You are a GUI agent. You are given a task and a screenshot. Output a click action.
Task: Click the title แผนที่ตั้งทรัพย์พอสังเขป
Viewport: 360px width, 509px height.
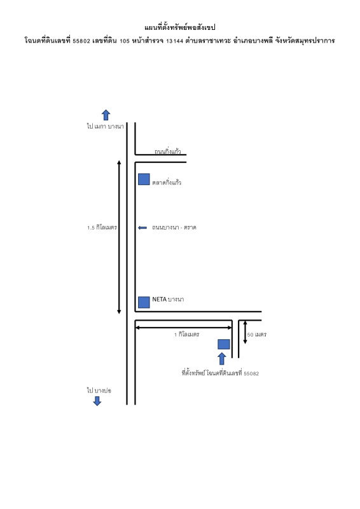click(x=180, y=27)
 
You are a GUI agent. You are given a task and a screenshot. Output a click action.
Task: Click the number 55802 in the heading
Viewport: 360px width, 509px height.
click(x=81, y=41)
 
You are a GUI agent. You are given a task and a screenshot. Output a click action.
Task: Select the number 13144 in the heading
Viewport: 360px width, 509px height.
click(x=175, y=41)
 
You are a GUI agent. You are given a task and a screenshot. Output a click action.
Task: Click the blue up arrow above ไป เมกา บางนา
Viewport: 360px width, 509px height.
click(x=106, y=115)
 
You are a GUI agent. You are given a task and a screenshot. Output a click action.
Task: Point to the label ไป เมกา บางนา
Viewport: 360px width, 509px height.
click(x=105, y=126)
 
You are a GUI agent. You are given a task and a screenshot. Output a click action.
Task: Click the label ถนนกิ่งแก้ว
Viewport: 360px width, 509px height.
click(x=167, y=151)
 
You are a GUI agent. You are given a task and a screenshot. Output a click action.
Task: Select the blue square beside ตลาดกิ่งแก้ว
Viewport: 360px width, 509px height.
click(x=144, y=179)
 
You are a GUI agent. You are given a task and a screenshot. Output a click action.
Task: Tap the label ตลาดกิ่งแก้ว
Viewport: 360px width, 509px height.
click(x=167, y=183)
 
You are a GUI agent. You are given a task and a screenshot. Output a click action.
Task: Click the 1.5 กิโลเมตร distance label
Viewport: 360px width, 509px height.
click(x=102, y=228)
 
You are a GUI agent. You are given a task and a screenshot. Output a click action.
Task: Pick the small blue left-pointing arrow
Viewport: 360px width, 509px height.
click(x=142, y=228)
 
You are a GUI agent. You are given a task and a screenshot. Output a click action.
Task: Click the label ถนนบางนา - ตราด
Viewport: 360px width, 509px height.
click(x=174, y=228)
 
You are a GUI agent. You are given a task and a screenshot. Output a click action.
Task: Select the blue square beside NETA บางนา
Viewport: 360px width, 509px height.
click(x=144, y=302)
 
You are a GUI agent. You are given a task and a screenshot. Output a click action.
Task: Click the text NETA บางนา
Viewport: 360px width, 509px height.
click(x=168, y=299)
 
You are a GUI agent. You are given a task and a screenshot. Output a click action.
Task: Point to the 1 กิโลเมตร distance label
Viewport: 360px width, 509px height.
click(x=186, y=335)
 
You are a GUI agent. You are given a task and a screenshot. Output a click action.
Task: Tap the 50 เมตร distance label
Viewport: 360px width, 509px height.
click(x=257, y=335)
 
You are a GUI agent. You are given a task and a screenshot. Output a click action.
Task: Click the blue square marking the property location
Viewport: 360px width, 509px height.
click(x=224, y=344)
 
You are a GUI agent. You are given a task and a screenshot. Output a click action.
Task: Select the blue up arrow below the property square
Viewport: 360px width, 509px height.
click(x=222, y=359)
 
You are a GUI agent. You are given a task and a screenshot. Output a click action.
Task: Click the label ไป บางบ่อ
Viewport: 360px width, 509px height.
click(x=99, y=391)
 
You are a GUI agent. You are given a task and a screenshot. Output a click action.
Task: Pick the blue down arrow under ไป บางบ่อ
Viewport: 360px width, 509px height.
click(x=97, y=401)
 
